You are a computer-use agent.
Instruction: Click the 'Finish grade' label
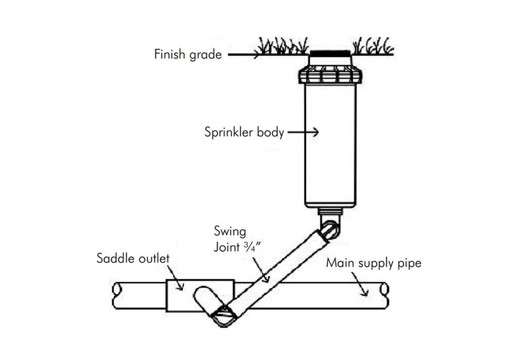click(188, 55)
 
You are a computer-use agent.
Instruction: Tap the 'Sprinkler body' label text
click(243, 133)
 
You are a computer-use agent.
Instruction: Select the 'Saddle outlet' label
click(133, 259)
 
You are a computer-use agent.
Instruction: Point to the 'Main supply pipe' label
click(373, 263)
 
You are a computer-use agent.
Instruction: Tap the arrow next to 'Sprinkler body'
click(304, 133)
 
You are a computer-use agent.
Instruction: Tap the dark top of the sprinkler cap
click(329, 53)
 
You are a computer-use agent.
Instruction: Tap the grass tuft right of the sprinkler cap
click(372, 47)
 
